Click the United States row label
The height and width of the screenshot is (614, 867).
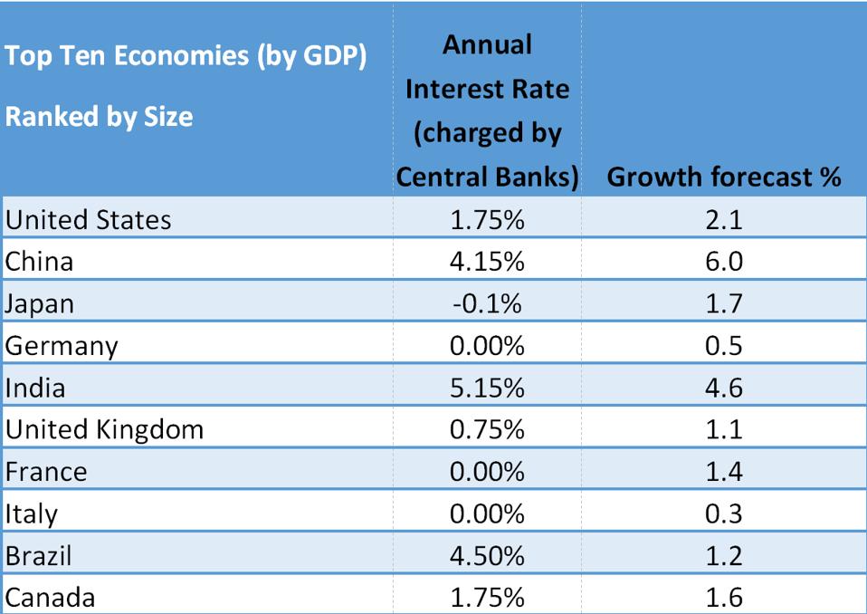click(88, 219)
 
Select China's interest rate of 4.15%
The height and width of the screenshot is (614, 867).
click(487, 262)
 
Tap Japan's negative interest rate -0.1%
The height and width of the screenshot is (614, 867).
click(487, 303)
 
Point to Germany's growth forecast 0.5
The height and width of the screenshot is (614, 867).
click(724, 346)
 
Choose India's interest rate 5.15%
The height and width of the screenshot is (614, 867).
click(487, 388)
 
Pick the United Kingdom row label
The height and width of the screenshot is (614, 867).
click(104, 429)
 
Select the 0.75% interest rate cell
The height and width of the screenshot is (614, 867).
click(487, 429)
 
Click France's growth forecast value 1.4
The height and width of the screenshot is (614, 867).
click(724, 472)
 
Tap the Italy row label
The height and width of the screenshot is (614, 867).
click(31, 513)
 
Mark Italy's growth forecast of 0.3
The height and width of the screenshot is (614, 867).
click(724, 513)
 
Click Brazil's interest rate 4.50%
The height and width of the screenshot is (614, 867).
click(487, 555)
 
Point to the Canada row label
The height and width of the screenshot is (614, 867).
click(50, 597)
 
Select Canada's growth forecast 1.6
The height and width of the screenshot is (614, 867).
click(724, 597)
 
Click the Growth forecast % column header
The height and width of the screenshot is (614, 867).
click(724, 177)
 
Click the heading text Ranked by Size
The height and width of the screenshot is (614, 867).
click(99, 117)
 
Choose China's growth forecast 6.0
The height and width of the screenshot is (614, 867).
click(724, 262)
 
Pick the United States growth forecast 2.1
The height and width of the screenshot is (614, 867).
click(724, 219)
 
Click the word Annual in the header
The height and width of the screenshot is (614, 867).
click(487, 44)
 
